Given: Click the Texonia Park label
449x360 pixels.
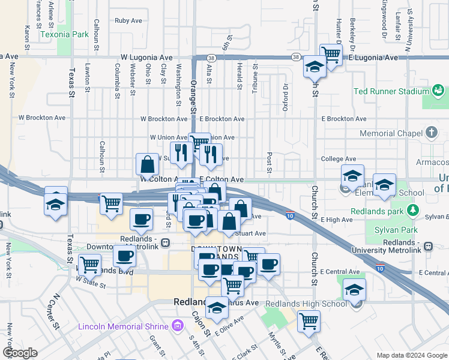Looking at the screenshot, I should click(x=64, y=34).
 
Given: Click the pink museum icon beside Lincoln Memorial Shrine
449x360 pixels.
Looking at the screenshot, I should click(x=177, y=326).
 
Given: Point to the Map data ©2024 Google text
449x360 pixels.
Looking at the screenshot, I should click(x=411, y=355).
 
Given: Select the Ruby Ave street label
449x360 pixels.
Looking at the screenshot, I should click(x=128, y=20).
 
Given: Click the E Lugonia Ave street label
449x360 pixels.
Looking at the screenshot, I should click(x=373, y=58).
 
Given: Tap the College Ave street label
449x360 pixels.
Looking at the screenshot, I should click(x=338, y=159).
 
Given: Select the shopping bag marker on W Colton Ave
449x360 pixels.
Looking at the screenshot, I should click(x=147, y=164).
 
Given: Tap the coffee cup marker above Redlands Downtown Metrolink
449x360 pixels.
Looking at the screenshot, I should click(x=142, y=220).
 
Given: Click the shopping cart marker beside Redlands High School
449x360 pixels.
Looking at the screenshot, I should click(x=309, y=320).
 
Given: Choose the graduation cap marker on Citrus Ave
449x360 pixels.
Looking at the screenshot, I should click(x=217, y=308).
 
